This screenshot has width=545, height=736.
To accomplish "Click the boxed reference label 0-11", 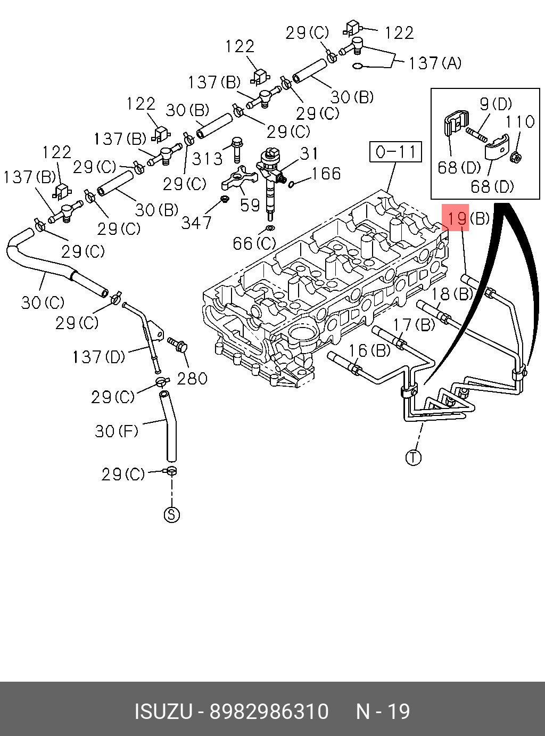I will (x=395, y=152).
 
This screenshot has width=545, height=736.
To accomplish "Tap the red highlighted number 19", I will (x=457, y=218).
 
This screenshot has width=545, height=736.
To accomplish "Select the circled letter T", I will (x=414, y=457).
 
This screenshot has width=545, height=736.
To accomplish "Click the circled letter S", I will (x=171, y=514).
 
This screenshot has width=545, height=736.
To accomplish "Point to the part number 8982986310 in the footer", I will (x=269, y=712).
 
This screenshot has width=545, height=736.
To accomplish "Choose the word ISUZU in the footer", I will (x=162, y=712).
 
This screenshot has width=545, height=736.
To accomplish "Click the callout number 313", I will (x=208, y=158).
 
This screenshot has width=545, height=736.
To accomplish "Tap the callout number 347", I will (x=196, y=222).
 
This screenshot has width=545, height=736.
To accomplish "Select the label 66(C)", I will (x=254, y=243).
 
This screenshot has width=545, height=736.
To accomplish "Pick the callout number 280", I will (x=192, y=379).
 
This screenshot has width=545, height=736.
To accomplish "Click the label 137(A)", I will (x=435, y=63).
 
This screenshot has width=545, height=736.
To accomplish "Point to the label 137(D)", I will (x=98, y=356).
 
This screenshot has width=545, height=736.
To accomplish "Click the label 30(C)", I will (x=43, y=302).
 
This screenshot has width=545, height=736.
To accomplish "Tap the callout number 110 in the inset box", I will (x=519, y=122).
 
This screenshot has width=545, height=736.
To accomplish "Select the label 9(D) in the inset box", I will (x=496, y=104).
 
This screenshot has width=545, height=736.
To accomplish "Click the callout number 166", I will (x=326, y=174).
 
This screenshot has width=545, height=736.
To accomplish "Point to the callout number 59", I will (x=250, y=205).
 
